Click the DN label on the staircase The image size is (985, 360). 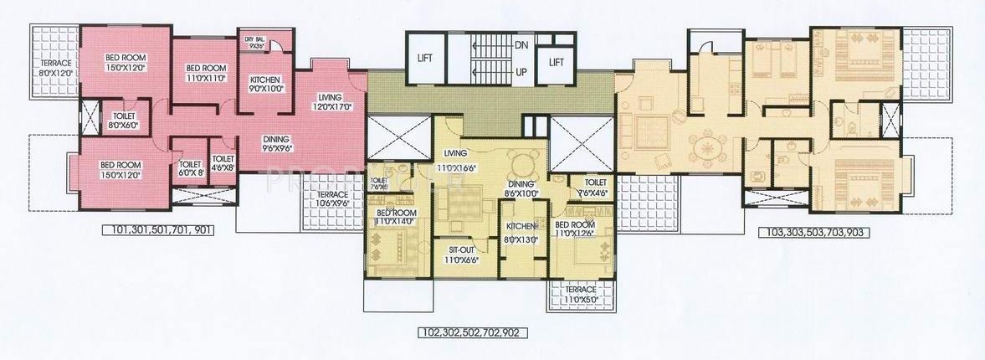click(x=521, y=44)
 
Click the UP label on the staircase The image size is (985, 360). click(x=521, y=72)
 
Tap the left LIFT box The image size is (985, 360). click(x=426, y=58)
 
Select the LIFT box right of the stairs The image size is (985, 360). click(x=556, y=62)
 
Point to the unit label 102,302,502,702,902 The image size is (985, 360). click(x=475, y=332)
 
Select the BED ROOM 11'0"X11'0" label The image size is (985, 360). click(x=205, y=73)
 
